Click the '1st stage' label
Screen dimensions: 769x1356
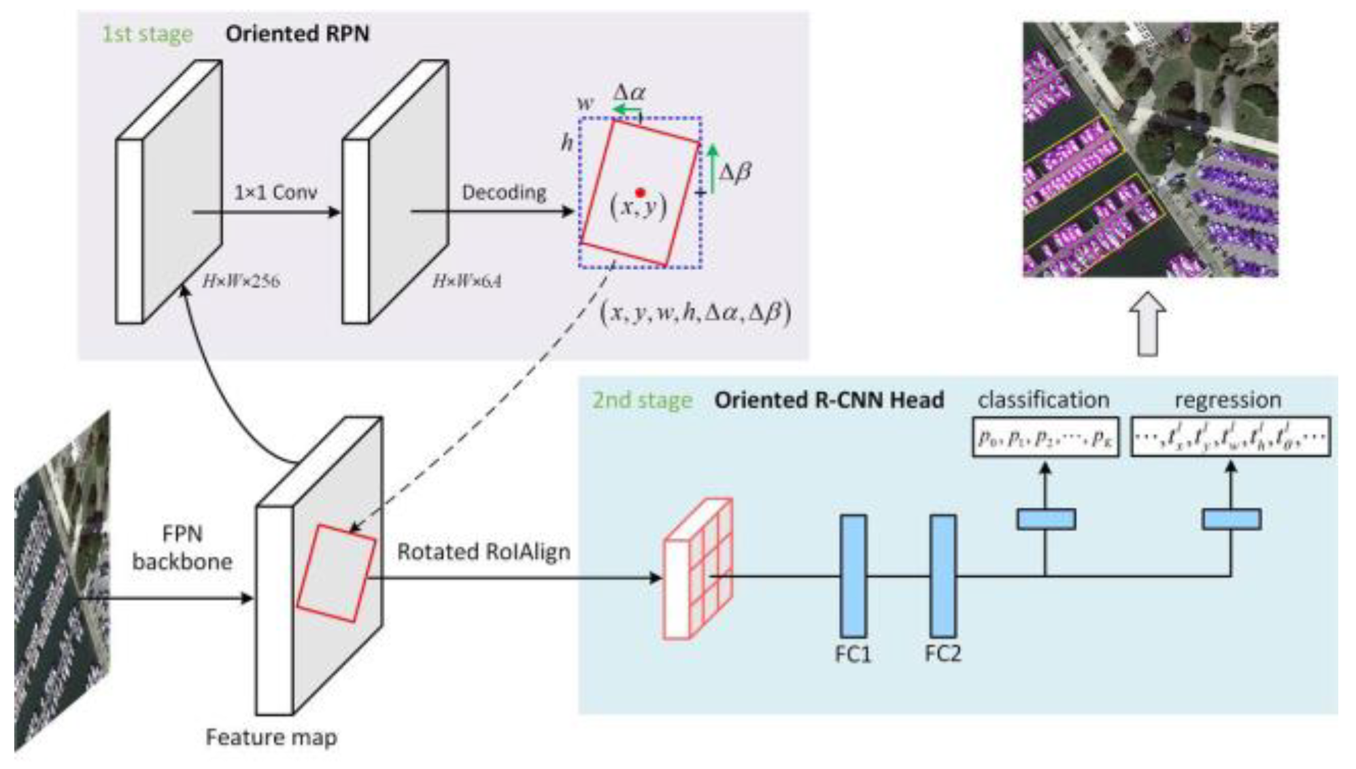(147, 34)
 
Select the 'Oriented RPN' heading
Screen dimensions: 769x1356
(297, 34)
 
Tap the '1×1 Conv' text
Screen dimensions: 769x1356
(275, 192)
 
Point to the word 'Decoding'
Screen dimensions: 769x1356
(504, 192)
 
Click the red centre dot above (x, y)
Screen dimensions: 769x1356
(640, 193)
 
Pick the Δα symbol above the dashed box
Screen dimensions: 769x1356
(629, 92)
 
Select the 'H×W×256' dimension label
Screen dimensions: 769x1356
(241, 281)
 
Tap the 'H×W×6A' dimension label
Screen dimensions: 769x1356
(467, 281)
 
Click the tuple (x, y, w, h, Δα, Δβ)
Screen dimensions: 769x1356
(695, 312)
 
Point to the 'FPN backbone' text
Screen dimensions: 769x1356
(182, 547)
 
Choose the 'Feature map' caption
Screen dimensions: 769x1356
(271, 737)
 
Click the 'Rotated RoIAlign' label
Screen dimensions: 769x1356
(484, 551)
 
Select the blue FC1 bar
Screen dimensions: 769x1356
(853, 576)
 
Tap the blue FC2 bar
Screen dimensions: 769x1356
(943, 576)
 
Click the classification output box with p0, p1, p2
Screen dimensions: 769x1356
(1045, 437)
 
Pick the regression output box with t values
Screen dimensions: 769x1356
(1230, 437)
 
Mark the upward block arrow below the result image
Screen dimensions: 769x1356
(1148, 324)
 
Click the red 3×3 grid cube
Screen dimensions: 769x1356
(698, 569)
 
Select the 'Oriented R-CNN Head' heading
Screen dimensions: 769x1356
(829, 400)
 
